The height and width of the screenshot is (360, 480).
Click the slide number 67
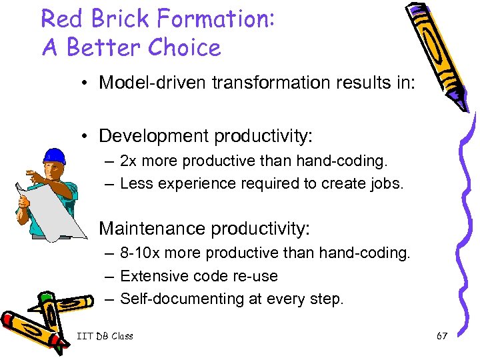click(441, 336)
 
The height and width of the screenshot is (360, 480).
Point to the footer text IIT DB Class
click(104, 336)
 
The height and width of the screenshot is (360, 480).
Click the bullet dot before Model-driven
click(87, 83)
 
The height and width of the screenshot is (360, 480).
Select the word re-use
click(255, 276)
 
